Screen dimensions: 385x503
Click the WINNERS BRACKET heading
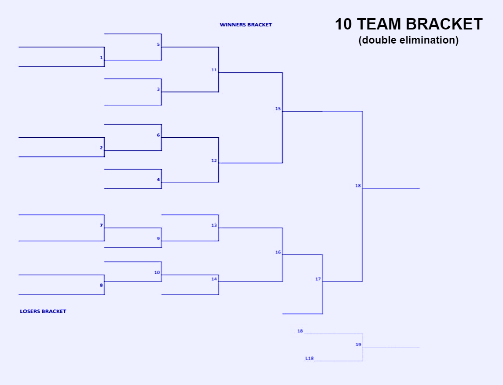click(246, 25)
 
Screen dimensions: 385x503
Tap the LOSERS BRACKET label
click(43, 312)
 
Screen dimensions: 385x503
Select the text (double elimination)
click(408, 40)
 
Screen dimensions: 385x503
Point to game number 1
click(101, 58)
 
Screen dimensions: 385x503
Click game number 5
click(158, 44)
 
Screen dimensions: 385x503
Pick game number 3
click(158, 89)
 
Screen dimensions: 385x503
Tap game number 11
click(214, 70)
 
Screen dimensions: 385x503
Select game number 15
click(278, 109)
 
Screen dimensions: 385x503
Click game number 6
click(158, 135)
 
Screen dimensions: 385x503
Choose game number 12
click(214, 161)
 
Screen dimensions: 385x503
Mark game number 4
click(158, 180)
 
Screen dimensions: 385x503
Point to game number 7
click(101, 225)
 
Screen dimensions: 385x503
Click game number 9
click(158, 238)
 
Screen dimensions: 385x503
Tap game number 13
click(214, 225)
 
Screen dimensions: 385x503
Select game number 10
click(157, 272)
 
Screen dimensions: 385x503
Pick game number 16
click(278, 252)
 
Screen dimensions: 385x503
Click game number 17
click(318, 279)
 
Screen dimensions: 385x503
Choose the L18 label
click(309, 358)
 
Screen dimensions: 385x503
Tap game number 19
click(358, 345)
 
